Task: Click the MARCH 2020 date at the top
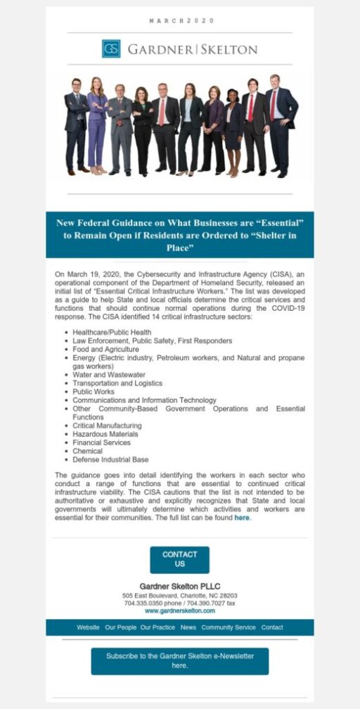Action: pyautogui.click(x=180, y=21)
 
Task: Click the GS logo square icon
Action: pyautogui.click(x=111, y=49)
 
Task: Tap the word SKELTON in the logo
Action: pyautogui.click(x=231, y=49)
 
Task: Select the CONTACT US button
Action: pyautogui.click(x=179, y=559)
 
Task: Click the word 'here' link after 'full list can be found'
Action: pyautogui.click(x=242, y=518)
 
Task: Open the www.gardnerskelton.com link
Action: pyautogui.click(x=179, y=611)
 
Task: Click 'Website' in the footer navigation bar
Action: pyautogui.click(x=88, y=627)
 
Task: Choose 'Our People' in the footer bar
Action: pyautogui.click(x=120, y=627)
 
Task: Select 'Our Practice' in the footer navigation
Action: pyautogui.click(x=157, y=627)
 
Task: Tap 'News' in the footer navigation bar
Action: pyautogui.click(x=188, y=627)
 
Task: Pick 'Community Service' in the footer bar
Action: pyautogui.click(x=229, y=627)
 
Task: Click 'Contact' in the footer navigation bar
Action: pyautogui.click(x=272, y=627)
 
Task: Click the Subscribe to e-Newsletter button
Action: pyautogui.click(x=179, y=660)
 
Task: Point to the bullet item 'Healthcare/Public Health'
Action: pyautogui.click(x=112, y=332)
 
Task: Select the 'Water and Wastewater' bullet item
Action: pyautogui.click(x=109, y=375)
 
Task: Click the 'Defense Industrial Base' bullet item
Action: pyautogui.click(x=110, y=459)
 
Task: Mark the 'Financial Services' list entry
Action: pyautogui.click(x=101, y=442)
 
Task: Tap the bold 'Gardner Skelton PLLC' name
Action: pyautogui.click(x=179, y=586)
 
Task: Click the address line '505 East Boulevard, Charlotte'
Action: pyautogui.click(x=179, y=595)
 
